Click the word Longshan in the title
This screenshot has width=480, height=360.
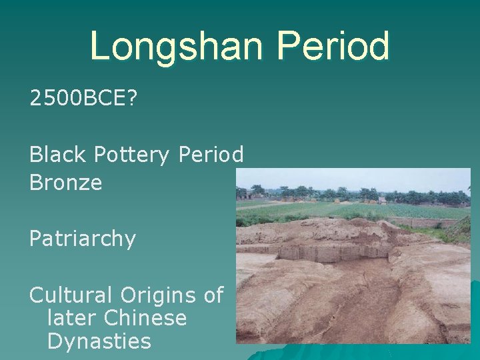(177, 46)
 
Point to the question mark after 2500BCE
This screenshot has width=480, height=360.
(131, 99)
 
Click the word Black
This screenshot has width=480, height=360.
(57, 155)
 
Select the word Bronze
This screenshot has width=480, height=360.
(66, 183)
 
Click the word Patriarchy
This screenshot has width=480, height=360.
(83, 239)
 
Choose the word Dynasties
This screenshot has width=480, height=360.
(99, 342)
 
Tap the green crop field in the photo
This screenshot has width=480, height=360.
(360, 210)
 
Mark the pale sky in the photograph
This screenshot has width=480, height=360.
(353, 179)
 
